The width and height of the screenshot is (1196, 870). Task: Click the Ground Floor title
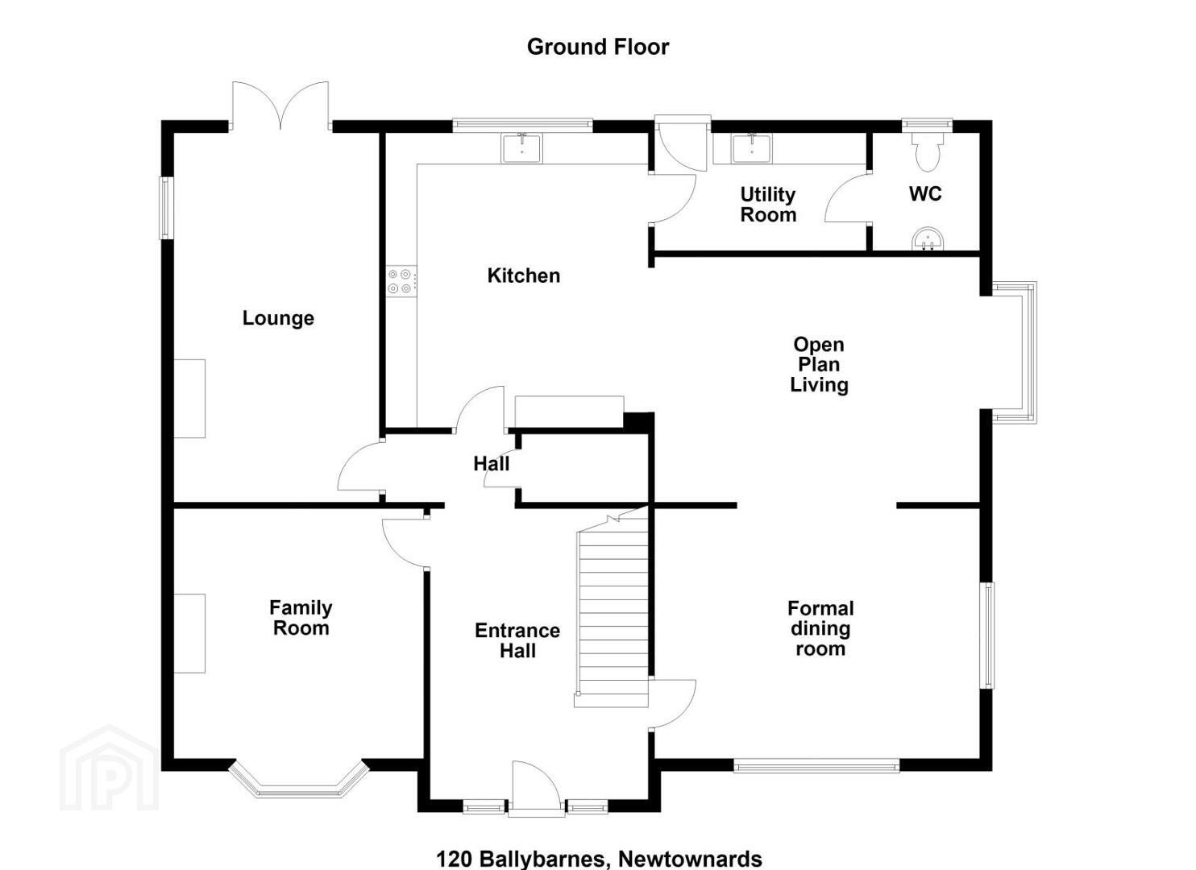tap(597, 47)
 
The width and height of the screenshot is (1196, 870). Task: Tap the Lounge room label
tap(278, 318)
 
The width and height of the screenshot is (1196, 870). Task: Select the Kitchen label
tap(524, 275)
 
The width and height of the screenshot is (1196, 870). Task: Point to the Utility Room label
tap(768, 205)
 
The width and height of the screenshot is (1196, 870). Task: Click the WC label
tap(925, 194)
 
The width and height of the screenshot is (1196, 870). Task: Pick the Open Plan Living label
tap(819, 365)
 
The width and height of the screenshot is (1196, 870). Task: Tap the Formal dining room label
tap(820, 628)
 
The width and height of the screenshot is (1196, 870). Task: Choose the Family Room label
tap(301, 618)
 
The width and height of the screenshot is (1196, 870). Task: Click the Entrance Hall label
tap(517, 640)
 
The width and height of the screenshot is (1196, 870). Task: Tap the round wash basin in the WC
tap(928, 238)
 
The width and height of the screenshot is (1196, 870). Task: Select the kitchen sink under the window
tap(521, 148)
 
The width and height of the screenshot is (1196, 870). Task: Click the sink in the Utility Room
tap(752, 148)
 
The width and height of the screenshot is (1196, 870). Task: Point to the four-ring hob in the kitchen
tap(401, 281)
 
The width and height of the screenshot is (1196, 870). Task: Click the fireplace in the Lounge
tap(189, 399)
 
